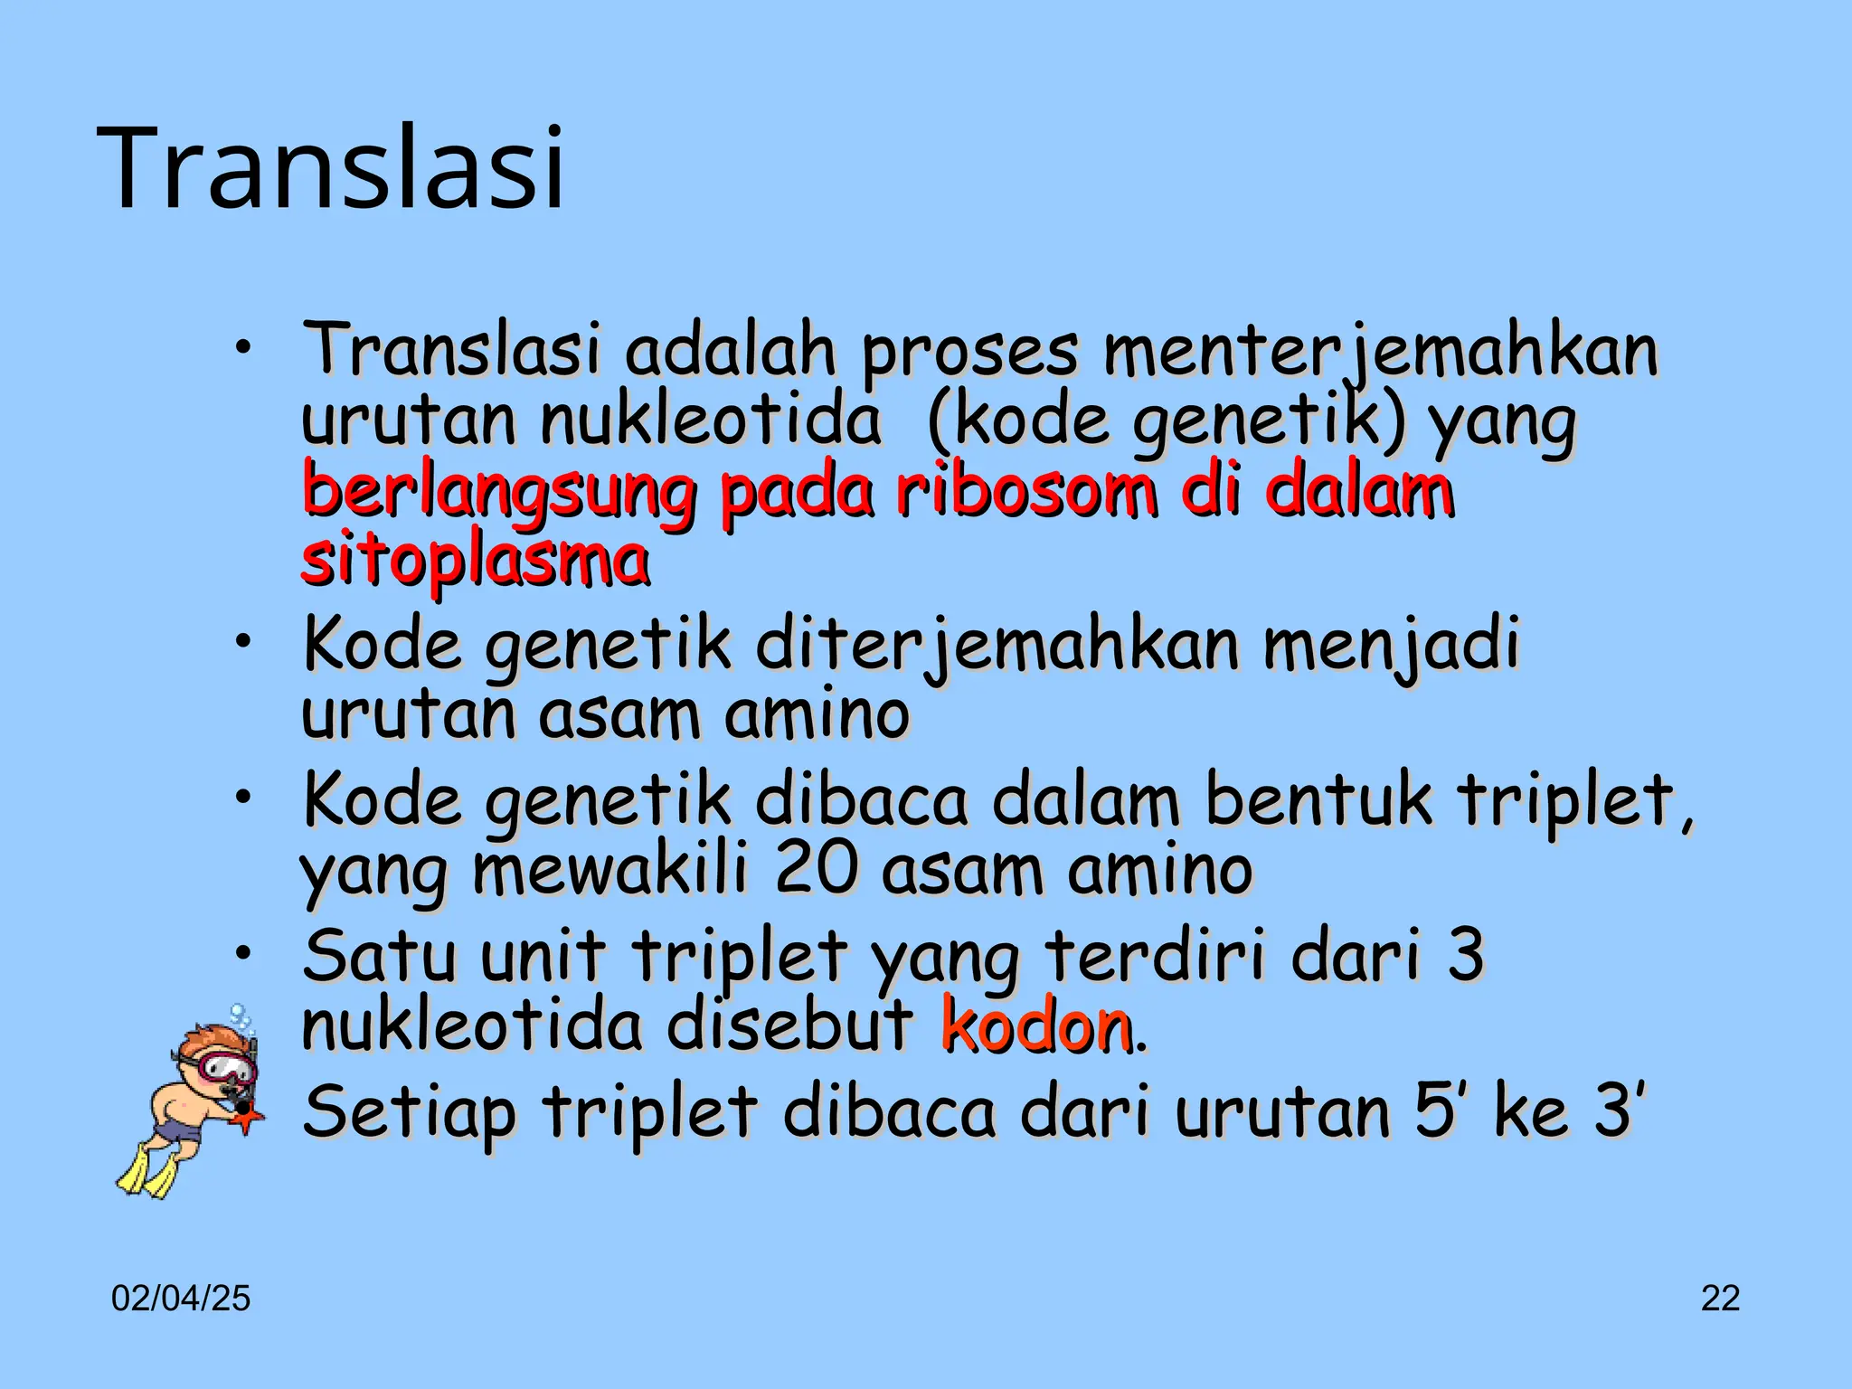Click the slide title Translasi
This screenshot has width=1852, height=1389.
pyautogui.click(x=335, y=169)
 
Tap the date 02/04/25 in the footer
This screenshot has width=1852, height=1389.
pyautogui.click(x=181, y=1299)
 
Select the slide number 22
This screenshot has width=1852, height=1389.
pyautogui.click(x=1720, y=1299)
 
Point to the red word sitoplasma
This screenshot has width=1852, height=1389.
pyautogui.click(x=475, y=560)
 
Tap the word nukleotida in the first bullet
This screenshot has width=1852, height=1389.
pyautogui.click(x=710, y=420)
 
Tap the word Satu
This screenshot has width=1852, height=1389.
pyautogui.click(x=379, y=956)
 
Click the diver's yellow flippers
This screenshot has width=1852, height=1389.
pyautogui.click(x=149, y=1170)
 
